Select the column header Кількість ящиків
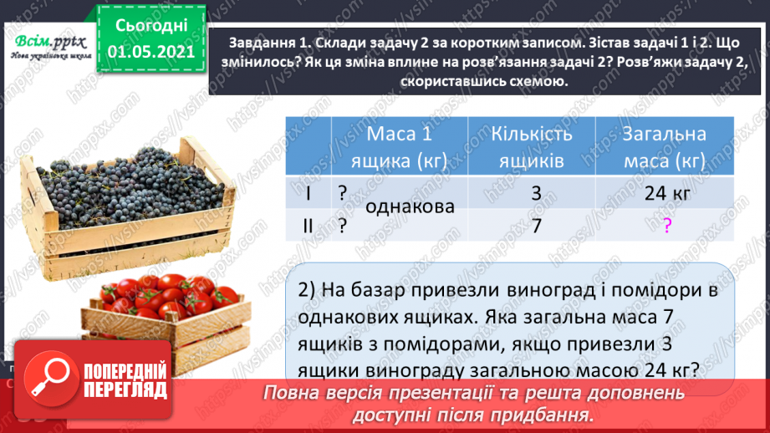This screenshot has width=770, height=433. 532,146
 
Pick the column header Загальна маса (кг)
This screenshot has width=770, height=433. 665,146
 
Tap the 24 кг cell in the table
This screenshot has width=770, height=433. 666,193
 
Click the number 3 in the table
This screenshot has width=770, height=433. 536,193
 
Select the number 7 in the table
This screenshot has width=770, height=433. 536,224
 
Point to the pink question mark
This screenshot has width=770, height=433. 666,225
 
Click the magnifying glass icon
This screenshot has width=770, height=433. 51,377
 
